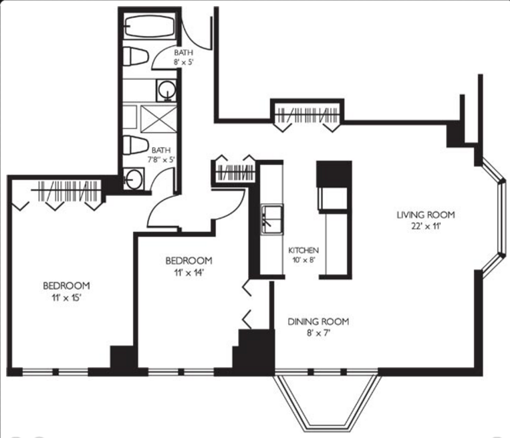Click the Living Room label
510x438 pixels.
point(426,215)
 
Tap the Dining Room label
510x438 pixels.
point(318,322)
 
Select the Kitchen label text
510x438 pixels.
point(303,250)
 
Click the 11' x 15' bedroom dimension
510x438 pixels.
point(66,298)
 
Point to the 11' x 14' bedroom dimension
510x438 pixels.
point(188,272)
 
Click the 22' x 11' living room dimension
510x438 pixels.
point(426,226)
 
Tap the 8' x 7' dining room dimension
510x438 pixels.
point(318,333)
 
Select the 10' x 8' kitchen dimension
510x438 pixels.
point(304,259)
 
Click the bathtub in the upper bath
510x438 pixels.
point(150,27)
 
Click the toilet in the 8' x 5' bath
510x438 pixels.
point(136,57)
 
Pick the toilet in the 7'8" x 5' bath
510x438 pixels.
point(134,145)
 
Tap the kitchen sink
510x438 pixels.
point(272,219)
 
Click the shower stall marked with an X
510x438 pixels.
point(158,119)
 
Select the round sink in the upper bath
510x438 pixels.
point(166,90)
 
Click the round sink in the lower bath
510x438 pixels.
point(134,179)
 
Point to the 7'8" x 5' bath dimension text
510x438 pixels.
point(161,160)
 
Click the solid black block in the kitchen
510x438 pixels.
point(334,173)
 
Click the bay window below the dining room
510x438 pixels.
point(327,402)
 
